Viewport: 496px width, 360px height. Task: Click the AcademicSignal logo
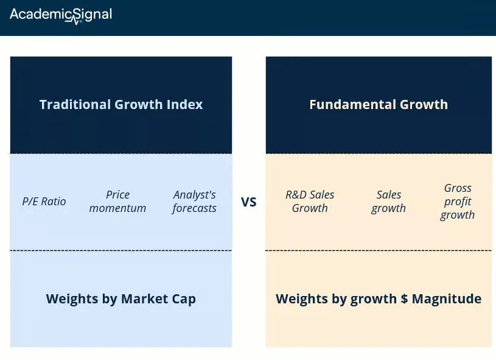(x=61, y=15)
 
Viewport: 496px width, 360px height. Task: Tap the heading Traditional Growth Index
(x=121, y=105)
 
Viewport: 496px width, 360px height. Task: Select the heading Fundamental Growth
(x=379, y=105)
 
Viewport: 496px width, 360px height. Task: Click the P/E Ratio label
(x=44, y=202)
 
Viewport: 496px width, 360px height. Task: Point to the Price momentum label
(x=117, y=202)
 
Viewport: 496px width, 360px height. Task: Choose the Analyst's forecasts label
(x=194, y=202)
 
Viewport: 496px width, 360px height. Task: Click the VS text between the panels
(x=249, y=202)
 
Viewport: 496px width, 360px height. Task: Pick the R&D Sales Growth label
(x=310, y=202)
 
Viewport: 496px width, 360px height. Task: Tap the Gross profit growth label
(x=458, y=202)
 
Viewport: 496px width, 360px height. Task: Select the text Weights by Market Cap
(x=121, y=299)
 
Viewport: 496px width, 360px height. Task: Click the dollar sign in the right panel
(x=404, y=298)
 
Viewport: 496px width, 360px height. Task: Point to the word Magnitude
(x=447, y=298)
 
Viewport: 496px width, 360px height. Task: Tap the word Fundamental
(x=353, y=105)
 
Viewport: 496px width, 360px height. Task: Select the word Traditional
(x=75, y=105)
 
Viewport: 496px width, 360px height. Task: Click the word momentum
(x=117, y=208)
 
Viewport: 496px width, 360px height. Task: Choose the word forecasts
(x=194, y=208)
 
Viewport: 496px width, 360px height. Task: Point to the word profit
(x=458, y=202)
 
